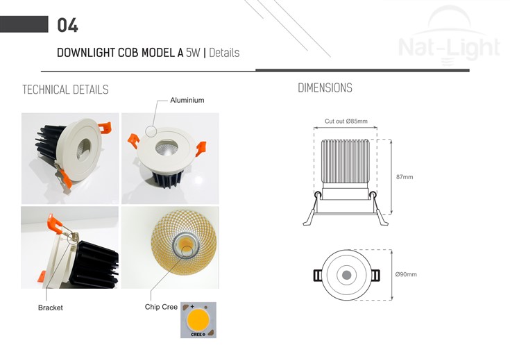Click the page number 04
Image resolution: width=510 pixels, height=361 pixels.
tap(67, 25)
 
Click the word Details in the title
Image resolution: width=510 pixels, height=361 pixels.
tap(224, 52)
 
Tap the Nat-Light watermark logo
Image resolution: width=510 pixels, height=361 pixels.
tap(449, 36)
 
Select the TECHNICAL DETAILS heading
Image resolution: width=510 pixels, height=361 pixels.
tap(65, 90)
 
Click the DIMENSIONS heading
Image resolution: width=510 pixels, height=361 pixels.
tap(325, 88)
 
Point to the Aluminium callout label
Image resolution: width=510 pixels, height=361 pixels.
tap(187, 100)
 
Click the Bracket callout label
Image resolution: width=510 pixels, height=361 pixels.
tap(51, 308)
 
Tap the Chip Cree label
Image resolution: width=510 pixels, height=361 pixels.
tap(161, 307)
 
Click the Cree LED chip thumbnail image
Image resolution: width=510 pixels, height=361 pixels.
tap(198, 320)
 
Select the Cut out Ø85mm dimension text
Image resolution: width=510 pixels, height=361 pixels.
tap(346, 121)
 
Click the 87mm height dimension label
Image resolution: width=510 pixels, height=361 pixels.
tap(405, 177)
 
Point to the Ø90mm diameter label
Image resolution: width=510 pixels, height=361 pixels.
tap(406, 274)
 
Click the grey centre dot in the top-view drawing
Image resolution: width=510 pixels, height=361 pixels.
tap(346, 275)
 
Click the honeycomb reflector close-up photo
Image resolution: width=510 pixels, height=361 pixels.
tap(170, 247)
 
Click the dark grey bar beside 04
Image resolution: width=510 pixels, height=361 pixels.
tap(24, 24)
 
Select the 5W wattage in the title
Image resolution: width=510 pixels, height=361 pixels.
tap(193, 52)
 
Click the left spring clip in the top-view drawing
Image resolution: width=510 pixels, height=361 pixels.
tap(318, 276)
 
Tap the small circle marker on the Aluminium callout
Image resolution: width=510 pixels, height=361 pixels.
tap(151, 131)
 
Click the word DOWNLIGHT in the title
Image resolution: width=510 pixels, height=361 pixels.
tap(86, 52)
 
